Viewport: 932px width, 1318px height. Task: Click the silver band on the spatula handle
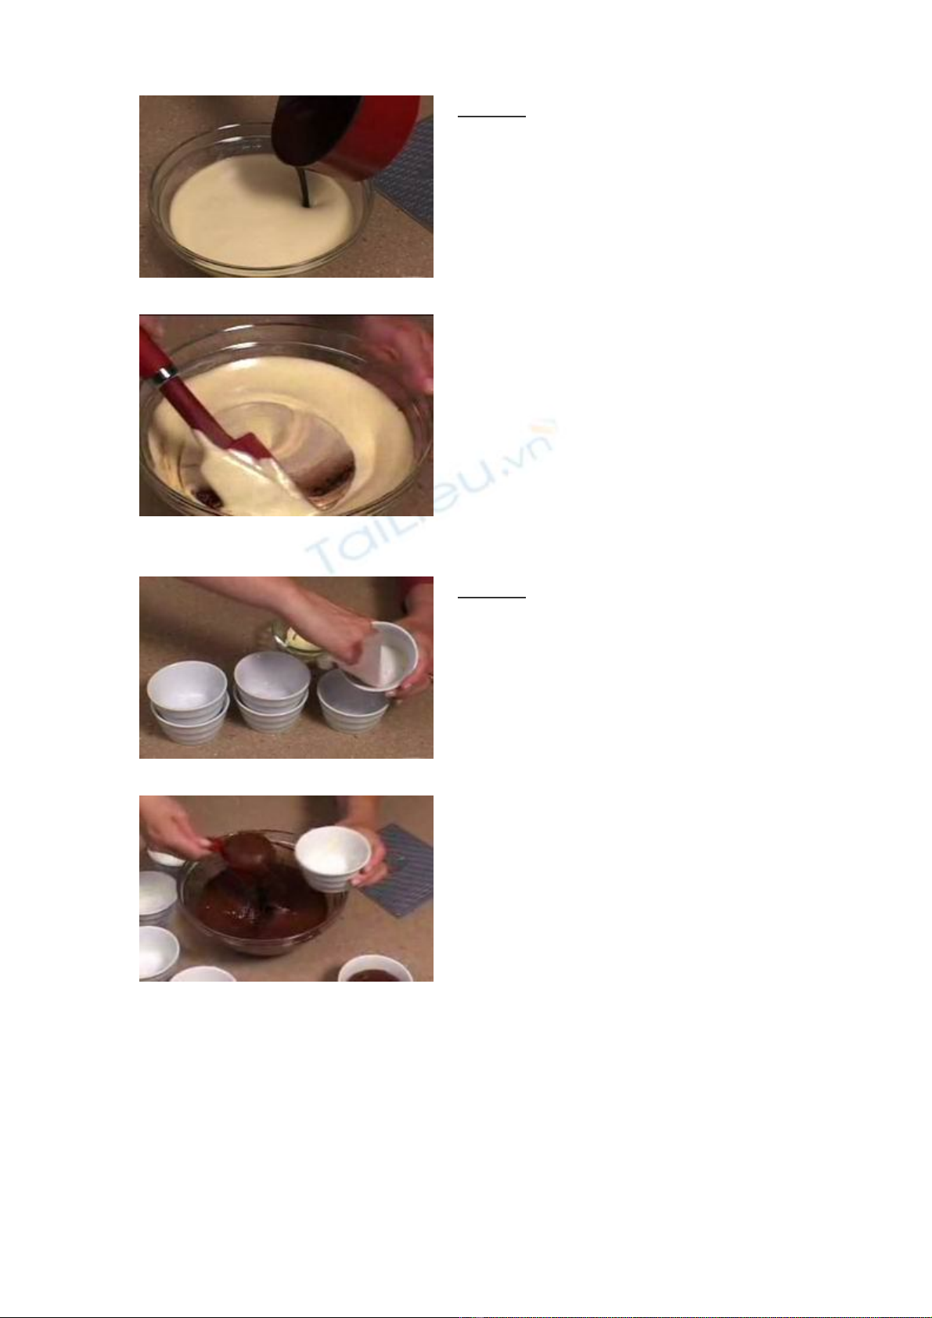pos(165,375)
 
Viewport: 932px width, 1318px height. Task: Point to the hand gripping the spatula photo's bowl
pos(401,353)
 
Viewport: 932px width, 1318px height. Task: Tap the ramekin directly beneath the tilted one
pos(351,702)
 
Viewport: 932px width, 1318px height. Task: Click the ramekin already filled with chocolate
pos(375,970)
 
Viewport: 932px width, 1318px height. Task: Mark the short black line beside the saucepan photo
pos(491,117)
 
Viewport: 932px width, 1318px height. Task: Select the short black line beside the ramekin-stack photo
pos(491,598)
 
